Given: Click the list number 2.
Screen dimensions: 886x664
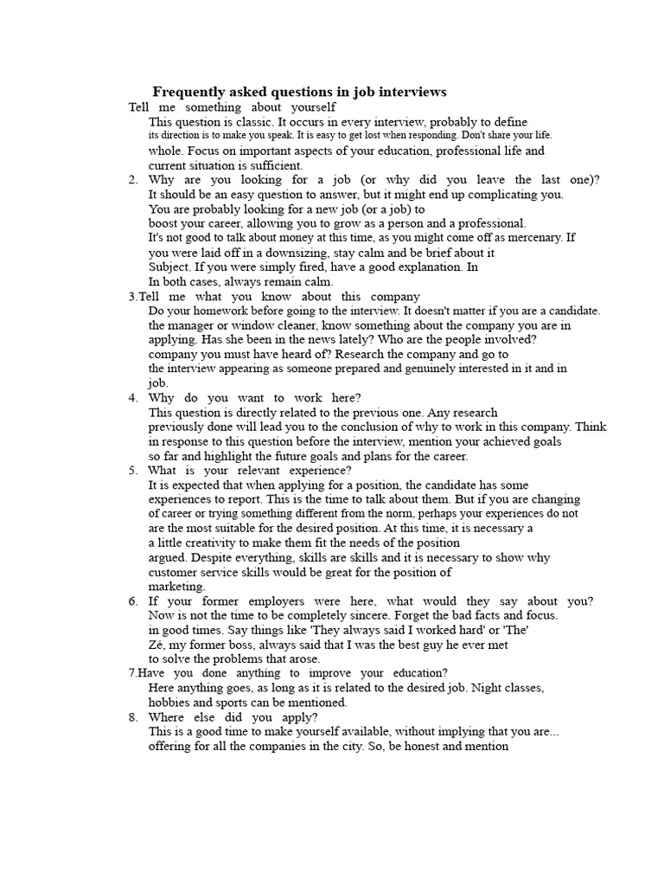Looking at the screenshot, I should tap(132, 180).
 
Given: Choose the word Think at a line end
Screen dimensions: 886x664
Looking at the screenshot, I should tap(591, 427).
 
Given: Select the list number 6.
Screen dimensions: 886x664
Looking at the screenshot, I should tap(132, 601).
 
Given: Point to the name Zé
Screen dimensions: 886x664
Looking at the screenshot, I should tap(156, 645).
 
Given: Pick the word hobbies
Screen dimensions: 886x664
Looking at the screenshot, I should tap(170, 703).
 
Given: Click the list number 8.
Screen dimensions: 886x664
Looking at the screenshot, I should tap(132, 717).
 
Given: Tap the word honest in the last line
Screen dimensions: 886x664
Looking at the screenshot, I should tap(416, 746).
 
